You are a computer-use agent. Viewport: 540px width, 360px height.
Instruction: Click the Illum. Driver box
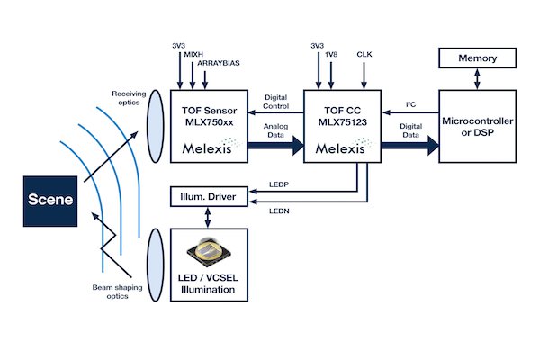tap(207, 195)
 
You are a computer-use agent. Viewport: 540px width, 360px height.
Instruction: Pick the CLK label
tap(364, 53)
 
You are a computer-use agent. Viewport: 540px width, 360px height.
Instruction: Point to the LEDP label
tap(280, 184)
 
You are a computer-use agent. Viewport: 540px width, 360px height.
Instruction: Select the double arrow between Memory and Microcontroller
tap(477, 79)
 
